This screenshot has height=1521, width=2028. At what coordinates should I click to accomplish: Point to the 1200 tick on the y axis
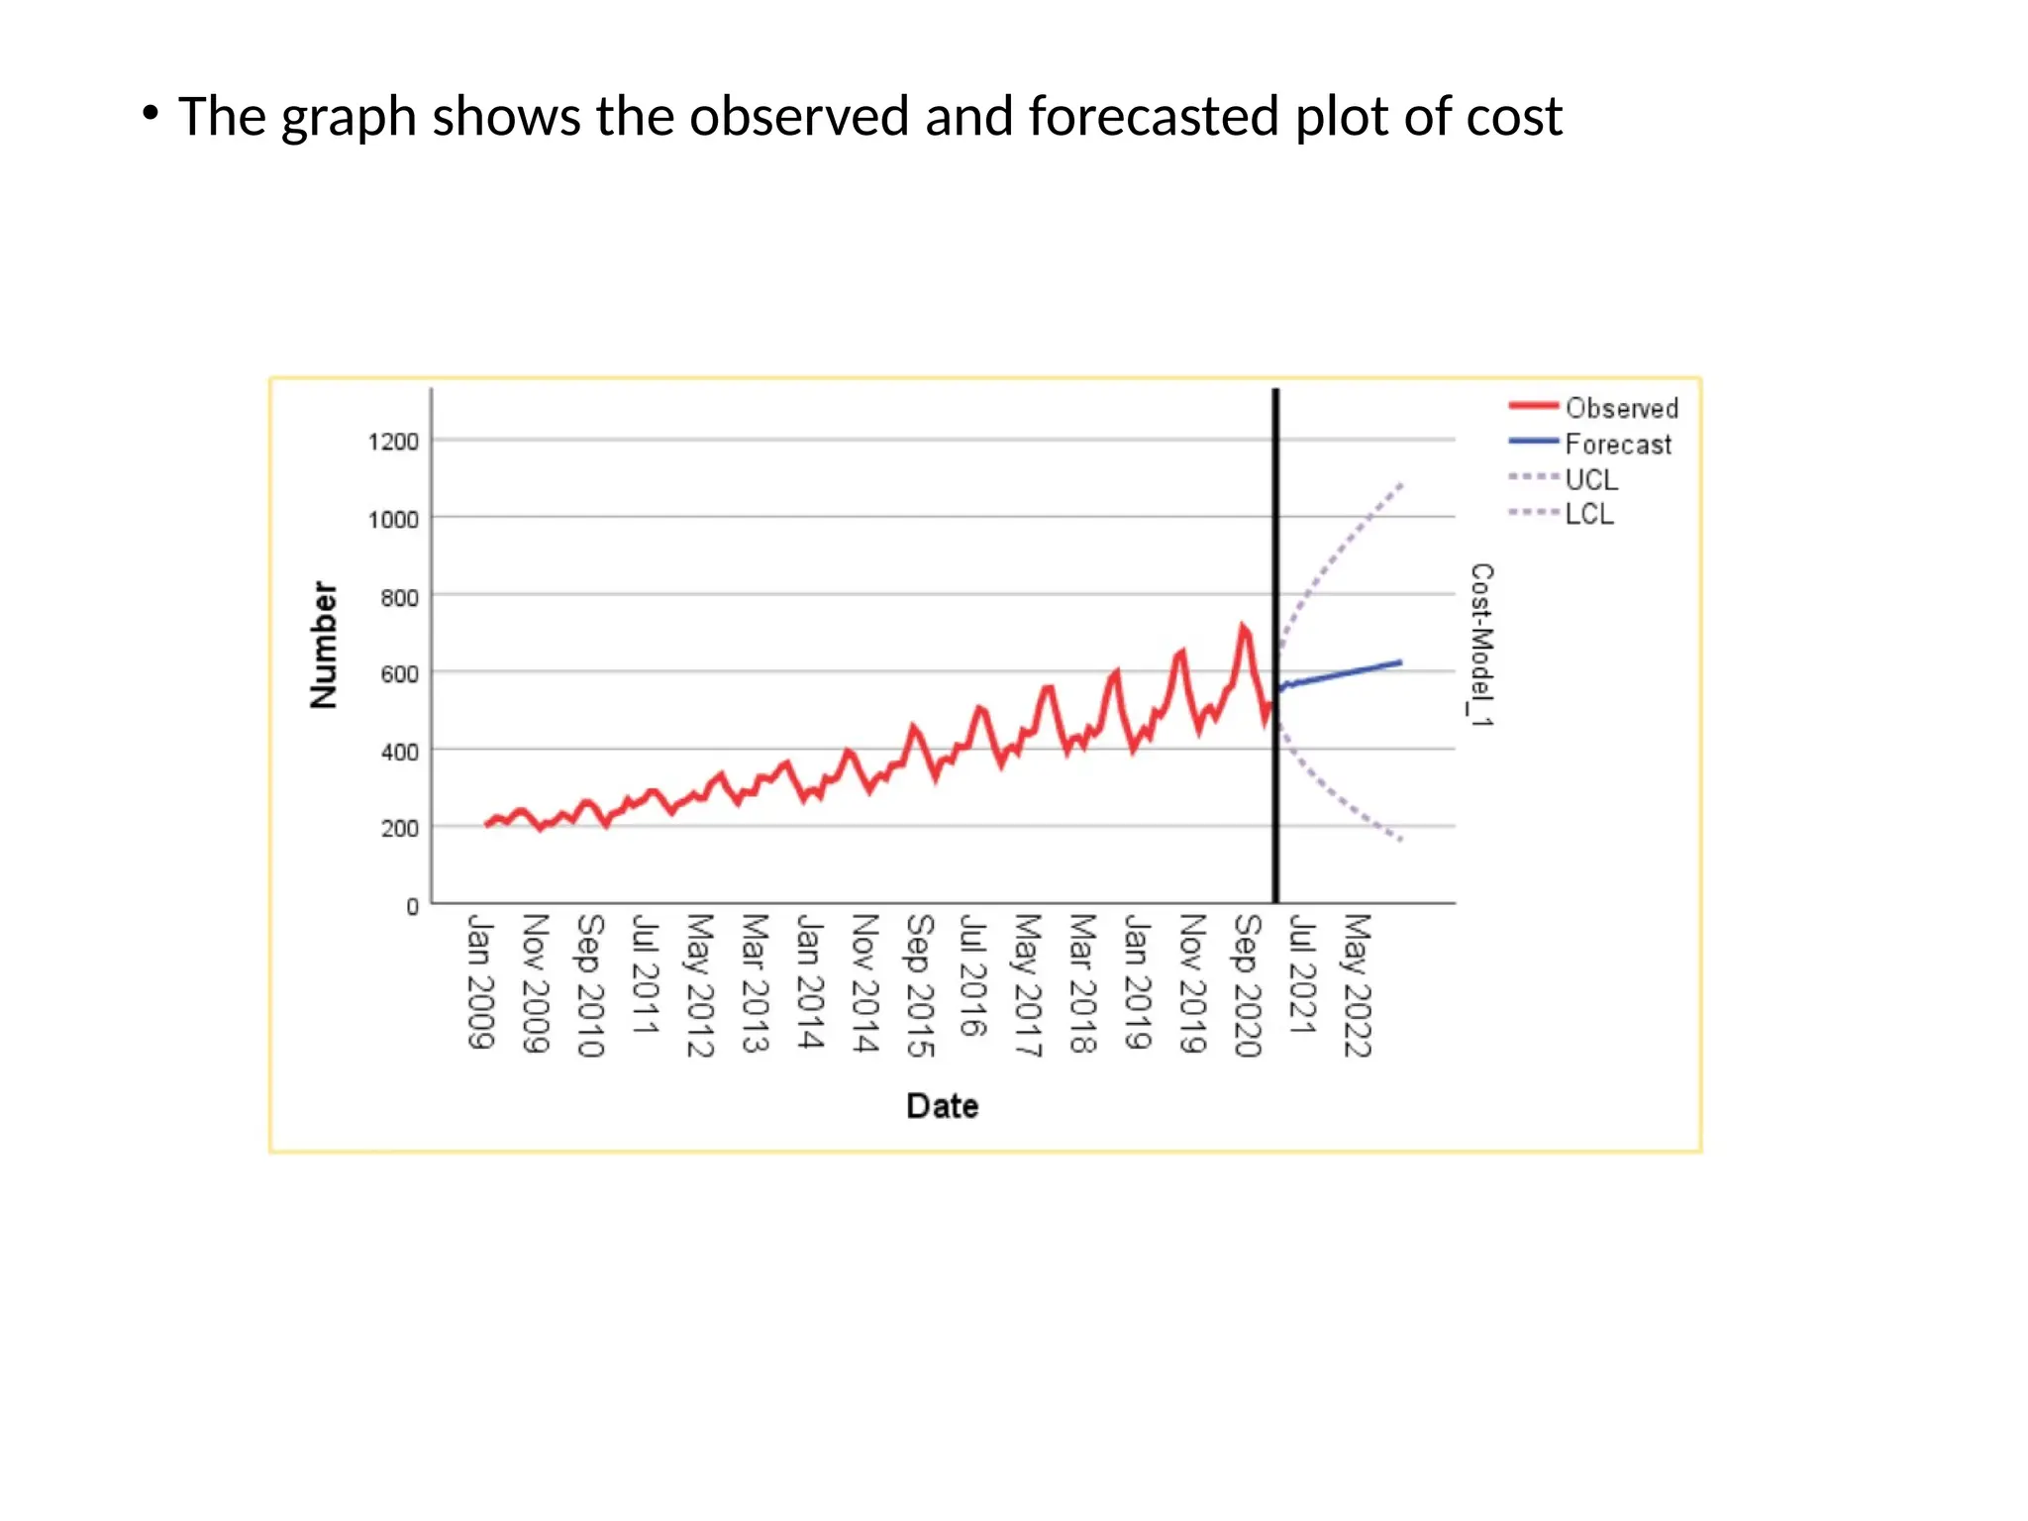pyautogui.click(x=393, y=442)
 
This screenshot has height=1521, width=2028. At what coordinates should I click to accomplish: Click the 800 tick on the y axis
pyautogui.click(x=399, y=597)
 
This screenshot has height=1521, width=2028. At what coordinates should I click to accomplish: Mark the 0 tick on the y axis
pyautogui.click(x=412, y=906)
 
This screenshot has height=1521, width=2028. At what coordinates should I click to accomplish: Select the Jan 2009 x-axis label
pyautogui.click(x=480, y=981)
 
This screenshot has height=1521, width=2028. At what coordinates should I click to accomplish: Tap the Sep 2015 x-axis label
pyautogui.click(x=920, y=985)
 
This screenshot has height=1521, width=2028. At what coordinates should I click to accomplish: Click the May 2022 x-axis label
pyautogui.click(x=1358, y=985)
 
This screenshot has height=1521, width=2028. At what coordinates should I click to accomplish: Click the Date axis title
pyautogui.click(x=942, y=1105)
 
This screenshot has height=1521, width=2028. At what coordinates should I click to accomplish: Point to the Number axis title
pyautogui.click(x=324, y=645)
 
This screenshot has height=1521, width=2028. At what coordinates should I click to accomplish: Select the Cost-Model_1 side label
pyautogui.click(x=1481, y=645)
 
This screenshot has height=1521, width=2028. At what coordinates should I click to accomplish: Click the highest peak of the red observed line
pyautogui.click(x=1242, y=627)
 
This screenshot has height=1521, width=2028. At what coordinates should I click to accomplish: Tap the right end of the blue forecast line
pyautogui.click(x=1400, y=661)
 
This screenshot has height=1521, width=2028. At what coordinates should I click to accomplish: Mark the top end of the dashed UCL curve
pyautogui.click(x=1401, y=484)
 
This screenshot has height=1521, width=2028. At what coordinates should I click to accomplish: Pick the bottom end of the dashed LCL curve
pyautogui.click(x=1401, y=840)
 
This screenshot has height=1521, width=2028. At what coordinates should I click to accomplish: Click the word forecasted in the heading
pyautogui.click(x=1154, y=117)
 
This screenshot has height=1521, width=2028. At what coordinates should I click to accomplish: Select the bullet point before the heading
pyautogui.click(x=150, y=113)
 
